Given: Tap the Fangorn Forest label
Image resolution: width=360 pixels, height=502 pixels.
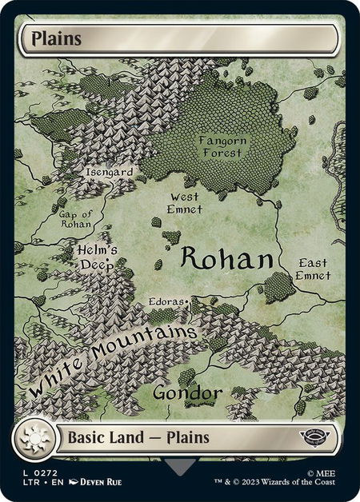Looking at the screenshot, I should [221, 146].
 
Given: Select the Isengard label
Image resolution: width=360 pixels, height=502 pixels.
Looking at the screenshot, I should [109, 170].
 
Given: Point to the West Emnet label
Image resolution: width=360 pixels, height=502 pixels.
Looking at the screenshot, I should [186, 203].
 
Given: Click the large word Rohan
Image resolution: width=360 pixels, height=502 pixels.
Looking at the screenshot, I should [227, 258].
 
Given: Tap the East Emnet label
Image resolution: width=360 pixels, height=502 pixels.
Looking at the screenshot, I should [313, 269].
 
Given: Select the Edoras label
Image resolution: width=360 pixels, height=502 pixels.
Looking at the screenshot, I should [167, 302].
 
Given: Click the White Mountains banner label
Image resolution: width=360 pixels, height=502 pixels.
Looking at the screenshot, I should [112, 358].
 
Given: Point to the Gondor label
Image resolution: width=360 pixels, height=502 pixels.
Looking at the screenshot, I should [186, 393].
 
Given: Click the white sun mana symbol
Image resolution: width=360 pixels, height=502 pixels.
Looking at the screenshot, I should [35, 438].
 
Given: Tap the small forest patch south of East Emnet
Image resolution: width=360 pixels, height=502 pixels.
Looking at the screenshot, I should [278, 287].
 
